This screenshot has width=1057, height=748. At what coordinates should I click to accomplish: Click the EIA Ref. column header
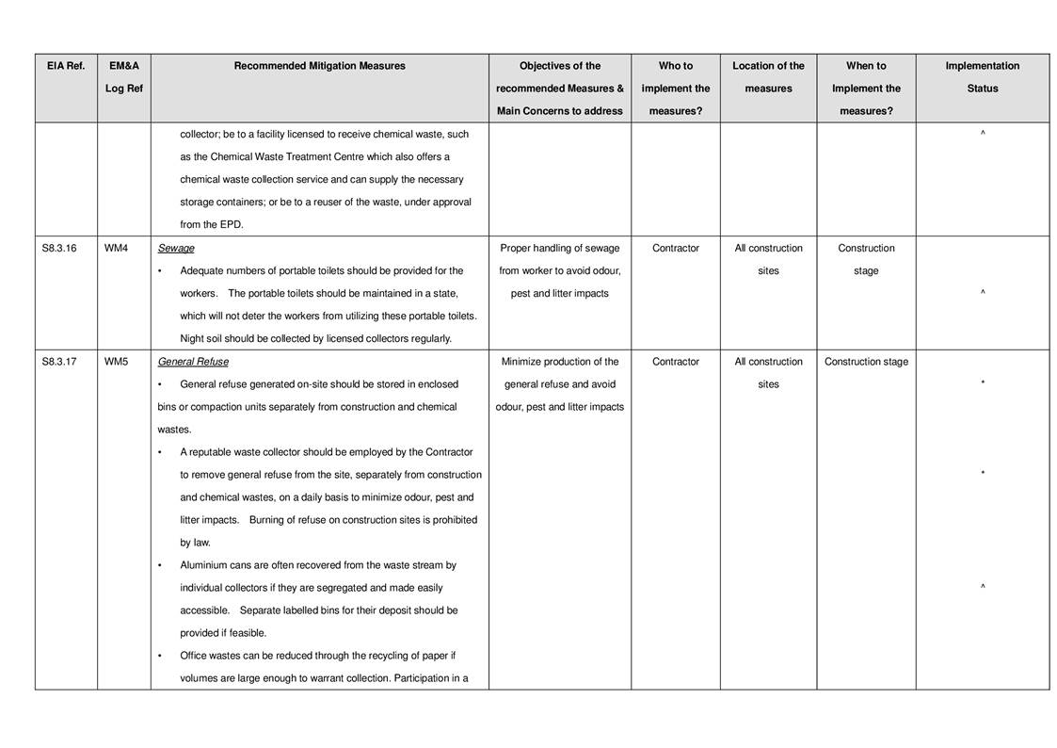point(66,66)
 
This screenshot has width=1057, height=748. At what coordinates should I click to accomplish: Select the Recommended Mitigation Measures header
point(319,66)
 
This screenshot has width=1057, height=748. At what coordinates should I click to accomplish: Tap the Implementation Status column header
point(982,77)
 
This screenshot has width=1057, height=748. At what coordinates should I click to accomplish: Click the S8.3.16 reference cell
point(59,249)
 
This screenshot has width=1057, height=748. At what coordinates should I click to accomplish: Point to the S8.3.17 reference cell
point(59,362)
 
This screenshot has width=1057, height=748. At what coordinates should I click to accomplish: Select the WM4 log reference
point(116,249)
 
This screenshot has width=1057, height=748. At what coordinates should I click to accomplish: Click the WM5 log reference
point(116,362)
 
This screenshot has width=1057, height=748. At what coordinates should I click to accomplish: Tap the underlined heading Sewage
point(176,249)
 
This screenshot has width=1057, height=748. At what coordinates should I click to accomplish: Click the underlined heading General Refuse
point(193,362)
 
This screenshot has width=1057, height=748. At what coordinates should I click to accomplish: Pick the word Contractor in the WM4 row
point(676,249)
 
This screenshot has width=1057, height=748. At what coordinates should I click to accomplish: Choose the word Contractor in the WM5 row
point(676,362)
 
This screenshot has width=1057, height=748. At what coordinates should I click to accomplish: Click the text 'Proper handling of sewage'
point(559,249)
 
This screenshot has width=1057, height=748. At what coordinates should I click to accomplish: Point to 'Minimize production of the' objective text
point(559,362)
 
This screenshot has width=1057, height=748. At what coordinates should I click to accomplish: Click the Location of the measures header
point(768,77)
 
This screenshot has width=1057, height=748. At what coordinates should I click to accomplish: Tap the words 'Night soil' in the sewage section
point(201,339)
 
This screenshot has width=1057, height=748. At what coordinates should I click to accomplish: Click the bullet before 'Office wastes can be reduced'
point(160,656)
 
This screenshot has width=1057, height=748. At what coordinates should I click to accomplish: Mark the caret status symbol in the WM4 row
point(982,293)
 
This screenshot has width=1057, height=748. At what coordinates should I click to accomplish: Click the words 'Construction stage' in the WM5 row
point(866,362)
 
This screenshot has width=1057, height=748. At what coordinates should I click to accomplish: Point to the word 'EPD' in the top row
point(231,225)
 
